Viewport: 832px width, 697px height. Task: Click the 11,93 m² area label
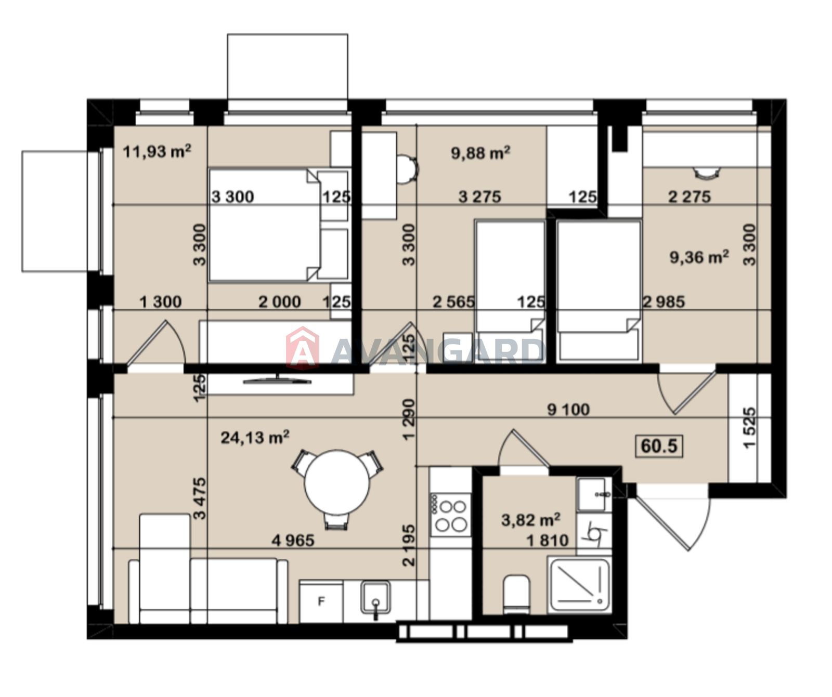coord(157,151)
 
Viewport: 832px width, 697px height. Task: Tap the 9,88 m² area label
coord(480,153)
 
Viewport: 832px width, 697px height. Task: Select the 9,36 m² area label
coord(699,257)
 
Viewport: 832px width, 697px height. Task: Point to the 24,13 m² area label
coord(255,437)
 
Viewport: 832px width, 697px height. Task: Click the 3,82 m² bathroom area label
coord(531,520)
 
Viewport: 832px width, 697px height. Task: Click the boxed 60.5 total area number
coord(659,446)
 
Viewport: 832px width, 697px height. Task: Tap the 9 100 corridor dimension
coord(568,410)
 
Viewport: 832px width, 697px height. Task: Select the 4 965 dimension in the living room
coord(293,541)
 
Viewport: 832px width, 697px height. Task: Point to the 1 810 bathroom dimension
coord(548,541)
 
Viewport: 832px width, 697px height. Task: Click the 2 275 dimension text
coord(689,196)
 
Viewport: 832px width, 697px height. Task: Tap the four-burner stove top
coord(450,515)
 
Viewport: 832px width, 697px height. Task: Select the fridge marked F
coord(321,601)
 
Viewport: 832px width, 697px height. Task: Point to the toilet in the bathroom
coord(516,594)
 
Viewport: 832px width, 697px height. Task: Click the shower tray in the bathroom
coord(580,585)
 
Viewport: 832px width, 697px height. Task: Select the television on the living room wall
coord(277,379)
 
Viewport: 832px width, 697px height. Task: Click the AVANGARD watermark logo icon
coord(303,348)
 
